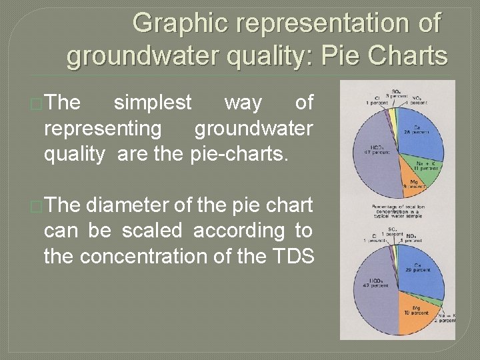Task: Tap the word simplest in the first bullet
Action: coord(153,103)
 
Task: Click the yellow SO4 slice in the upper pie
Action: coord(394,117)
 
